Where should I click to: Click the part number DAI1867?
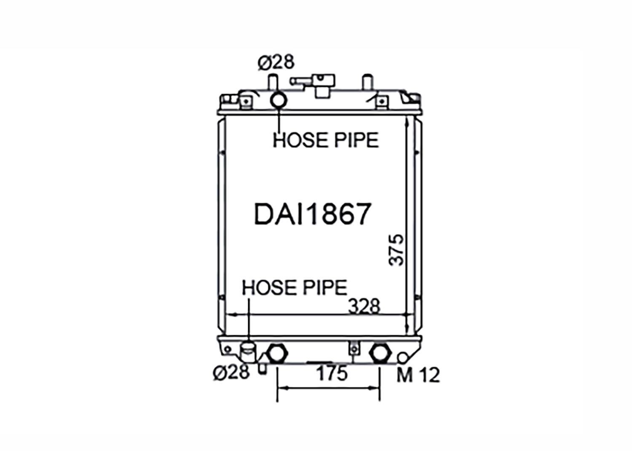click(312, 214)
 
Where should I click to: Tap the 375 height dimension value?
click(396, 250)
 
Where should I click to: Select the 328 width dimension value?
click(364, 306)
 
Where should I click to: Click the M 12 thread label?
click(418, 376)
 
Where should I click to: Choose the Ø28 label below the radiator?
click(231, 372)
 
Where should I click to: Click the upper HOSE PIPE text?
click(326, 140)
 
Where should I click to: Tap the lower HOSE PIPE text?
click(295, 287)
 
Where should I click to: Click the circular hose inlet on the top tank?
click(279, 100)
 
